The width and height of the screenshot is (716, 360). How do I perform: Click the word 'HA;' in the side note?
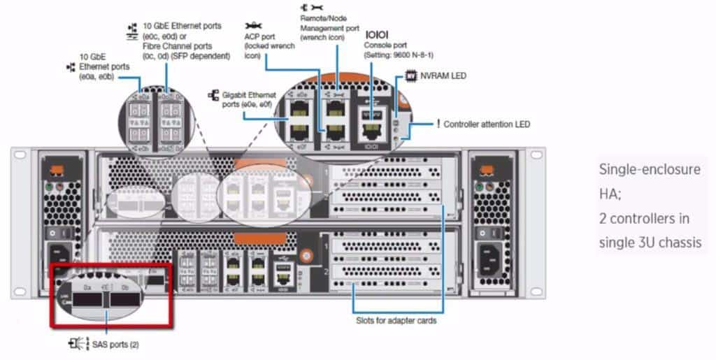click(610, 194)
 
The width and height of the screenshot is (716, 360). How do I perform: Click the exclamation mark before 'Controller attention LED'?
click(438, 124)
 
